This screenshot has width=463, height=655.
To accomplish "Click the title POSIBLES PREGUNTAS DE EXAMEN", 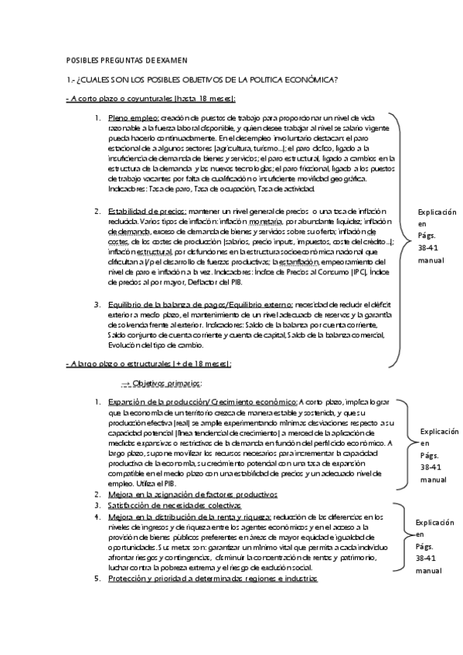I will click(121, 59).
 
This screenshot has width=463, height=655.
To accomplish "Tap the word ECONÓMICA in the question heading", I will click(308, 80).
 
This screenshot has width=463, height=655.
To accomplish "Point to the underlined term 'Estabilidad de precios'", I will click(147, 211).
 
